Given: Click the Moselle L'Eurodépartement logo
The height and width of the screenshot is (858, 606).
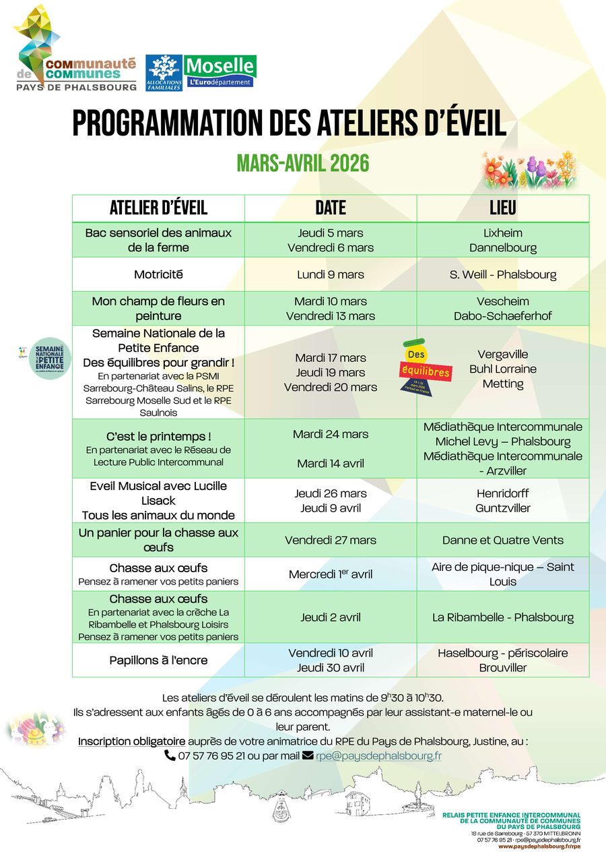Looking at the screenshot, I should [220, 71].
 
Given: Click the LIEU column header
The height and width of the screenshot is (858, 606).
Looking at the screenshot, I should [503, 208].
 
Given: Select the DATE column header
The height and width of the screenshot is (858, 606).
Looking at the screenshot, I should [331, 208].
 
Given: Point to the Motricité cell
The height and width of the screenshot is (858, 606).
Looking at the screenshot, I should [158, 274].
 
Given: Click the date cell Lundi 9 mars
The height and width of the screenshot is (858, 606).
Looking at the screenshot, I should [331, 274].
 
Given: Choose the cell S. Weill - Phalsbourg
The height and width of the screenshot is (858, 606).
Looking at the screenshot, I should [503, 274].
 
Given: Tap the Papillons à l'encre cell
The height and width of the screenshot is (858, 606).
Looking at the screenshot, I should [158, 661].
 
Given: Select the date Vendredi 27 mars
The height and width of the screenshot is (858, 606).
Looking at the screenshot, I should [331, 540].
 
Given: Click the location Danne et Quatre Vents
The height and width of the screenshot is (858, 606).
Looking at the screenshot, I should [503, 540].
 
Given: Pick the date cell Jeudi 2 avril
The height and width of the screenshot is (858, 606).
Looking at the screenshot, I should [331, 617].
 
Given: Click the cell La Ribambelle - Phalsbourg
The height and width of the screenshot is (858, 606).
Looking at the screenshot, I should [503, 617].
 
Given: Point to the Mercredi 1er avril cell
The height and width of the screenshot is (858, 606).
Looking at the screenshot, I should [331, 574].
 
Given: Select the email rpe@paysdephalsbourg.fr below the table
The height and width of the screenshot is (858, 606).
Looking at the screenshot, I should [378, 756].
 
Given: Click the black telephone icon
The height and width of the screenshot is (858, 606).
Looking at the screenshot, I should [170, 756].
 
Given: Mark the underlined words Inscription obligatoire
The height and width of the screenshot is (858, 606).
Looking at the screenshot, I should [131, 741].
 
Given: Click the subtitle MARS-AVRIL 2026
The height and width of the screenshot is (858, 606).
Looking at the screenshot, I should [303, 163].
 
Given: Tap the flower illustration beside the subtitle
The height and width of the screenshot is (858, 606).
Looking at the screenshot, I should [529, 170].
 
